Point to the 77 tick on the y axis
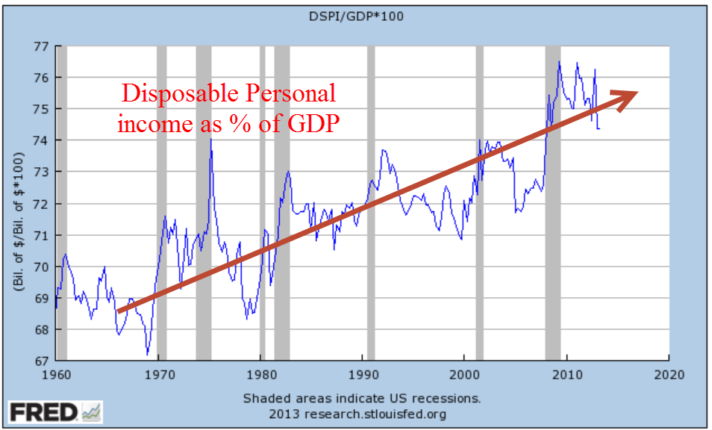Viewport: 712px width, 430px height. (x=42, y=46)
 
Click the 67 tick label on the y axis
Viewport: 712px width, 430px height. (x=42, y=361)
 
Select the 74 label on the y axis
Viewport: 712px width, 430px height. (x=42, y=140)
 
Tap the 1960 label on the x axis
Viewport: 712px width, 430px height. (x=57, y=376)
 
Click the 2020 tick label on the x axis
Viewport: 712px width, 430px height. (x=669, y=376)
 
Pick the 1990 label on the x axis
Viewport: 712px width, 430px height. (x=363, y=376)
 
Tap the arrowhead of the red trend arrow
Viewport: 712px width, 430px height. (x=627, y=95)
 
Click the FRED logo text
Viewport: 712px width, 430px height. (x=43, y=411)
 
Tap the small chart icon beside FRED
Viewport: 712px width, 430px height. (x=92, y=411)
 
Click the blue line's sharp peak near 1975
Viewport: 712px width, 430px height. (x=211, y=140)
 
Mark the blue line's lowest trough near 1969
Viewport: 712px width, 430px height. (x=148, y=353)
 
